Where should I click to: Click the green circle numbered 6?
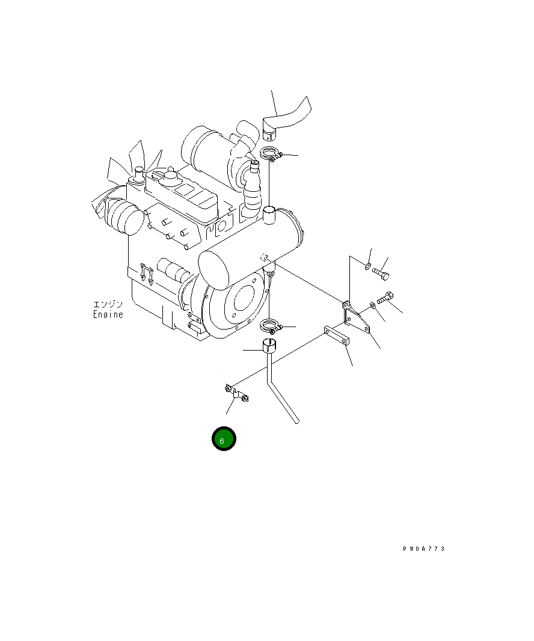pos(223,439)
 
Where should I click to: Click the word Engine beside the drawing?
pos(108,314)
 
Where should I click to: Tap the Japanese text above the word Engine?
pos(108,304)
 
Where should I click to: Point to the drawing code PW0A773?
pos(424,548)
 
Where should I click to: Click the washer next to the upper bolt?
pos(367,265)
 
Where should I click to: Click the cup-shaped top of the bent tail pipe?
pos(269,346)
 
